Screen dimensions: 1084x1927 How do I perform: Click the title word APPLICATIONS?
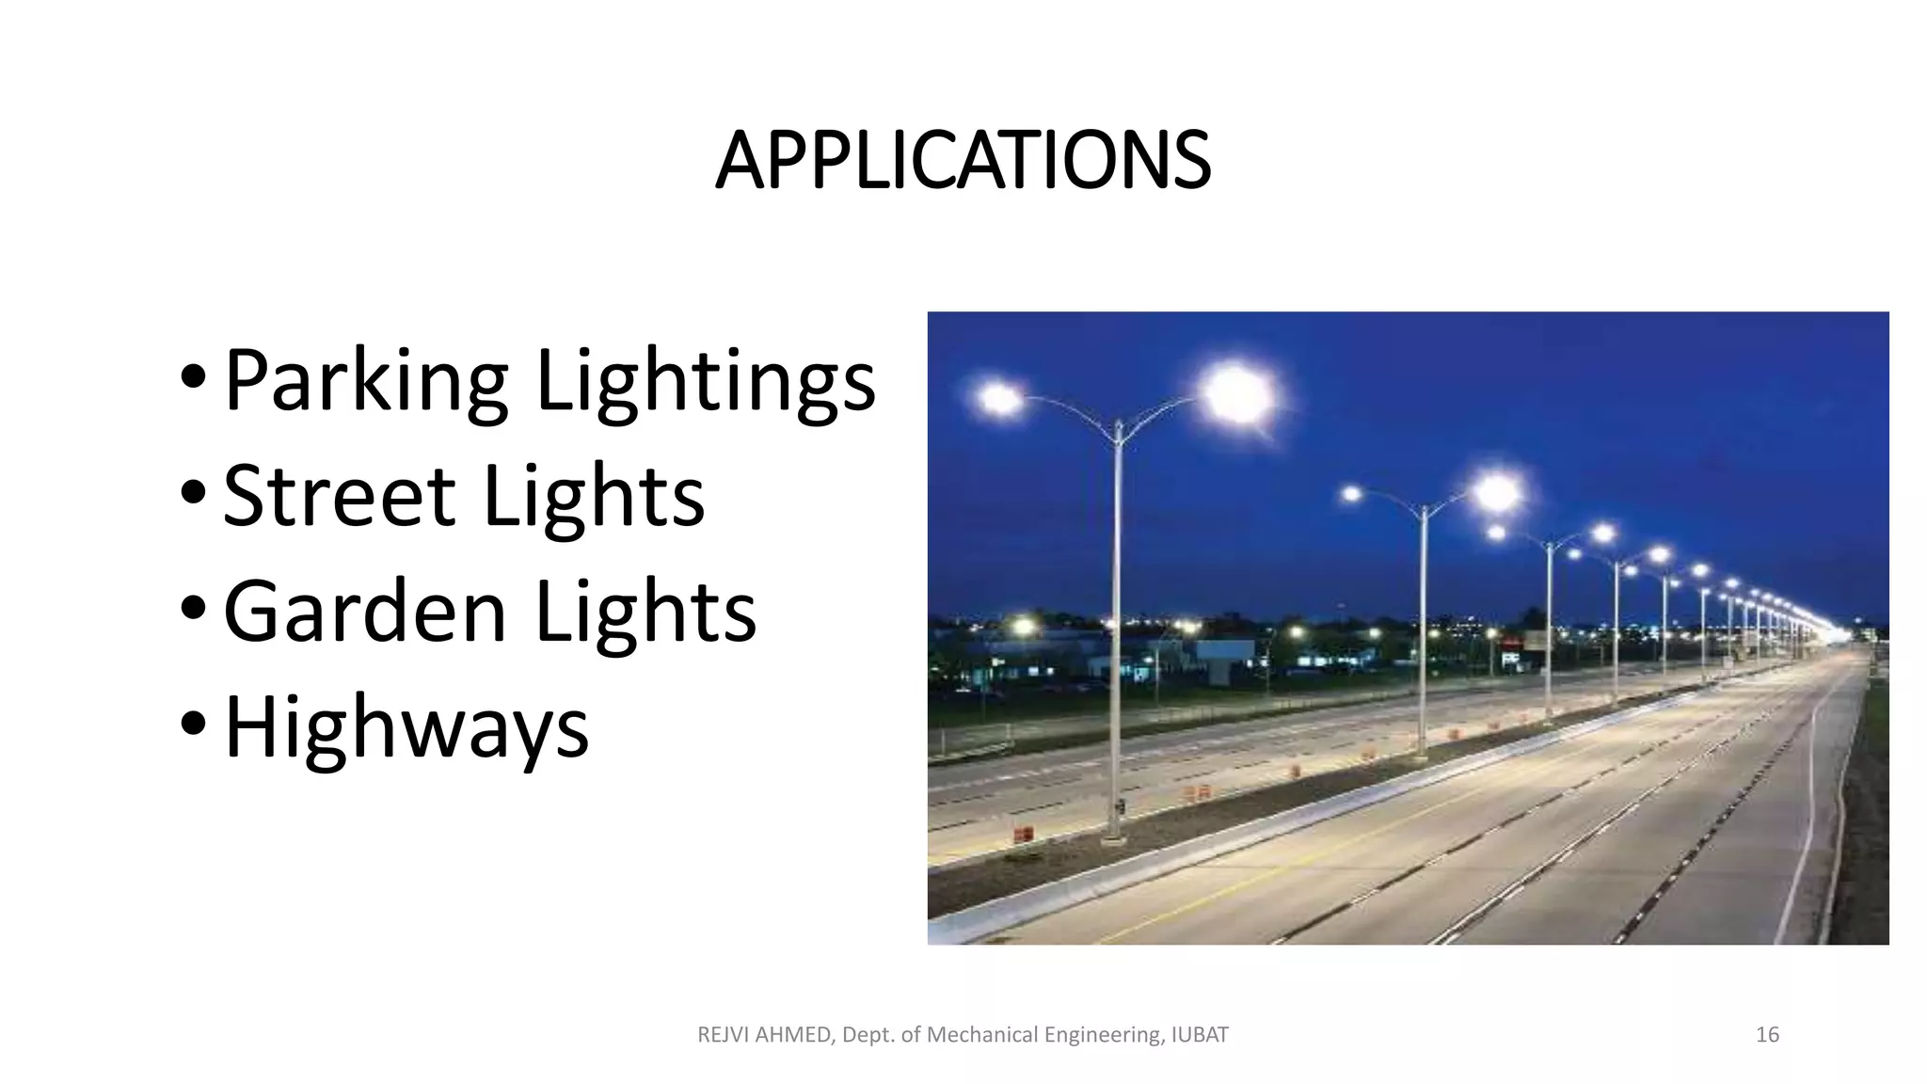tap(963, 161)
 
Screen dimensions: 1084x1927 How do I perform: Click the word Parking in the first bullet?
tap(366, 381)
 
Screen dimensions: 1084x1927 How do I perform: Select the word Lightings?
tap(706, 381)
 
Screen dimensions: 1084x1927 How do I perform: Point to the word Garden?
tap(364, 612)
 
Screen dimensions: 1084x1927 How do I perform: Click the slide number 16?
tap(1767, 1035)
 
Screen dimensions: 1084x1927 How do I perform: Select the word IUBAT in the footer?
tap(1201, 1035)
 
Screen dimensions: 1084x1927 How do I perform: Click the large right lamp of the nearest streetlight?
tap(1236, 393)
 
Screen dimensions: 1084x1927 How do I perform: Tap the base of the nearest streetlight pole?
tap(1115, 835)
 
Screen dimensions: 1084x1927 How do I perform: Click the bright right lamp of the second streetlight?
tap(1496, 492)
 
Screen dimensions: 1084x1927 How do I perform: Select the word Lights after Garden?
tap(645, 612)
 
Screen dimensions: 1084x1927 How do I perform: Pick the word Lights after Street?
tap(593, 496)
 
